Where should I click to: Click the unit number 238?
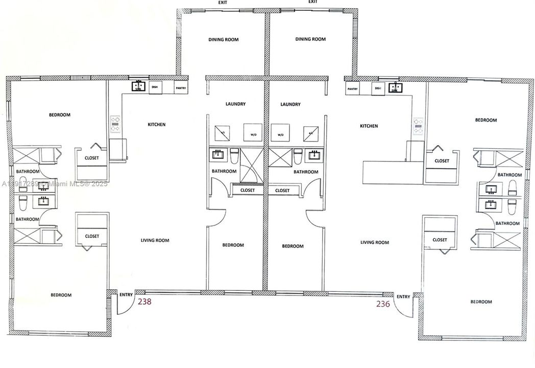point(144,302)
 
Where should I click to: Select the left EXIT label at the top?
point(223,3)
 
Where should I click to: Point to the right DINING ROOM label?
point(310,39)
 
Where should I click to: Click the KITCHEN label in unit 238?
point(156,125)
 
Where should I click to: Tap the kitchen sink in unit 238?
point(138,87)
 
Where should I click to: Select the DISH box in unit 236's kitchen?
point(378,88)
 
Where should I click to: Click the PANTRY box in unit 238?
point(181,88)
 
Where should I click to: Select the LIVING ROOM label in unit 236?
point(375,243)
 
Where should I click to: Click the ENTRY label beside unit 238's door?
point(126,294)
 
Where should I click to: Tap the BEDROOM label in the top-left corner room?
point(59,115)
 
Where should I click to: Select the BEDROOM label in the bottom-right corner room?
point(481,302)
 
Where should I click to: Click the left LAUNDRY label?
point(235,104)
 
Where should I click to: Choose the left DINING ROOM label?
point(223,40)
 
